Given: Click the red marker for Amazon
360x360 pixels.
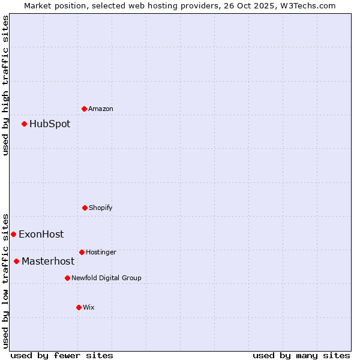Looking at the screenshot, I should click(x=85, y=109).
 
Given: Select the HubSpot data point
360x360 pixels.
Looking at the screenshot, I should click(x=25, y=124).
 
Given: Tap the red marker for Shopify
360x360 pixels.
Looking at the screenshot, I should click(x=85, y=208).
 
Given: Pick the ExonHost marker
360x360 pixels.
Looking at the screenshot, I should click(x=13, y=234).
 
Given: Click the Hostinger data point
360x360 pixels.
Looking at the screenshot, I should click(x=82, y=252).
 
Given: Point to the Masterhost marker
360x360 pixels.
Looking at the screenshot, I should click(x=16, y=261).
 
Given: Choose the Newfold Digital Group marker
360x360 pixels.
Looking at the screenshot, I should click(x=67, y=278).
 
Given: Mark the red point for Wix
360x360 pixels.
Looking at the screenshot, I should click(x=79, y=307).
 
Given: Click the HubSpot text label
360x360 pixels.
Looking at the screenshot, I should click(x=50, y=124).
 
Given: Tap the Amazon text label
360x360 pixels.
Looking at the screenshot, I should click(x=101, y=109).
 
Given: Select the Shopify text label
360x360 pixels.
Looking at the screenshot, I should click(x=101, y=208).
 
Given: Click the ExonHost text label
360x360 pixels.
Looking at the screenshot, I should click(x=41, y=234).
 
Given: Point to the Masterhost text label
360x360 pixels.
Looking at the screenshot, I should click(x=48, y=261).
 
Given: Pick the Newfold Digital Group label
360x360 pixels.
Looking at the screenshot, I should click(x=106, y=278).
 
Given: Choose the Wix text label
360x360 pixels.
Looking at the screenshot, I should click(x=89, y=307).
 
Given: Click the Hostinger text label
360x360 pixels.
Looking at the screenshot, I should click(x=101, y=252).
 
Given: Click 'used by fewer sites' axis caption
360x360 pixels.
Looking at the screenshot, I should click(x=62, y=355).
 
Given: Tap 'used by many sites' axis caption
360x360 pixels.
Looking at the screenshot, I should click(x=301, y=355).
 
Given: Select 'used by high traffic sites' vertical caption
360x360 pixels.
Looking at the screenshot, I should click(x=5, y=85).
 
